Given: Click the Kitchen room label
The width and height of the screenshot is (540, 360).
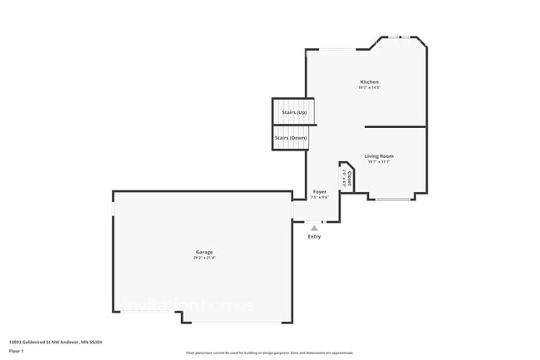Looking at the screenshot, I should (x=369, y=82).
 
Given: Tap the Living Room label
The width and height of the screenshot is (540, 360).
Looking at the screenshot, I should (x=379, y=155).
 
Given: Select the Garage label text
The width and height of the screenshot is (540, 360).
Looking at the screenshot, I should (x=204, y=252).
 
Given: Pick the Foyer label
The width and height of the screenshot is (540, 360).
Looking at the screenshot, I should (x=320, y=191).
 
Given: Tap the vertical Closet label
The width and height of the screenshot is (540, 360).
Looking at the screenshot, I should (x=350, y=178).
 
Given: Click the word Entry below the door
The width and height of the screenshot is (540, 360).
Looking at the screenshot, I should (x=314, y=237).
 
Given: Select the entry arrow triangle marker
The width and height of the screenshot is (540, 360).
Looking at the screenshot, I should (x=314, y=226).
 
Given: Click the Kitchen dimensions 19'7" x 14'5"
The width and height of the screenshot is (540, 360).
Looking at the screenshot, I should (x=369, y=88).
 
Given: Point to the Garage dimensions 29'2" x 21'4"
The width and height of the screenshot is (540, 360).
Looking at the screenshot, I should (x=204, y=258).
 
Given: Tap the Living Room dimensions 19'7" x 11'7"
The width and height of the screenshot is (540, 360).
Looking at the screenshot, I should (x=379, y=161).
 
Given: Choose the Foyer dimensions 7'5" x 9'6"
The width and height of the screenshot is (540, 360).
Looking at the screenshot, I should (x=320, y=197).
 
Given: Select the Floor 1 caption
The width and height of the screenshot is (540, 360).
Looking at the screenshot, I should (x=17, y=351).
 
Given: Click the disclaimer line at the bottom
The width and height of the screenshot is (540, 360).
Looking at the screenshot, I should (x=270, y=353).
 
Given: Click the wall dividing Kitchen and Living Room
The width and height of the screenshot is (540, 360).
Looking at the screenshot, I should (x=395, y=127).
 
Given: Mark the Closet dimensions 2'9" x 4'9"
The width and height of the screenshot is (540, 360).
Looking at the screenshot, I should (x=344, y=177).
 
